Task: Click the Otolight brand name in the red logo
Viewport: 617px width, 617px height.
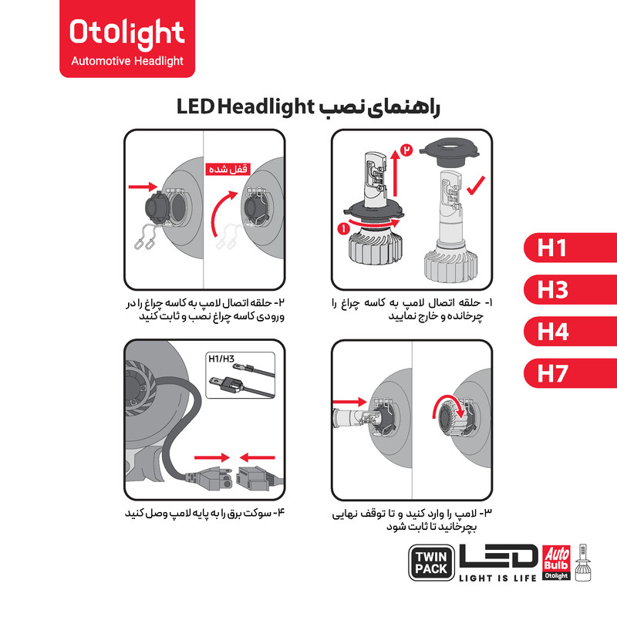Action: [x=126, y=33]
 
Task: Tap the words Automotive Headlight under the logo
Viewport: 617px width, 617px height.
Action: [x=127, y=62]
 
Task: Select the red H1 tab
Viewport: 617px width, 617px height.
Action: [x=570, y=248]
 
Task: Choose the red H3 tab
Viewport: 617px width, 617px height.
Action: [x=570, y=289]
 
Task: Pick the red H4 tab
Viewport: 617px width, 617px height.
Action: [x=570, y=332]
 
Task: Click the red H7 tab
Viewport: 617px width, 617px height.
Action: [x=570, y=373]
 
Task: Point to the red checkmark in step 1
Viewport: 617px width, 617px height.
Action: [x=475, y=186]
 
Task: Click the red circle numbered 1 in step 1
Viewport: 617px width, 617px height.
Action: [x=343, y=228]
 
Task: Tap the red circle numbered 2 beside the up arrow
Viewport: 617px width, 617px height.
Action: [x=406, y=150]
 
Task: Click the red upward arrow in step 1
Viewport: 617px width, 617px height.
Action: [x=396, y=173]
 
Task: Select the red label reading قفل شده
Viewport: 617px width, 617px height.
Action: [x=228, y=169]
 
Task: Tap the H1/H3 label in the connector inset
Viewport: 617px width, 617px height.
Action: [x=221, y=359]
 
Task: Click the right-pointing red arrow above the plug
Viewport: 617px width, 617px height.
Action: [x=212, y=457]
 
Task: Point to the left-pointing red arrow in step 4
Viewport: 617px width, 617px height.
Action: [x=257, y=457]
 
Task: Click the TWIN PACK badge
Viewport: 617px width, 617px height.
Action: [x=431, y=563]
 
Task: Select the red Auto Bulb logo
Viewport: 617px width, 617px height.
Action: [x=556, y=562]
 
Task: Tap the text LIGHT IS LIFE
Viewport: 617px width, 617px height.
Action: [x=497, y=578]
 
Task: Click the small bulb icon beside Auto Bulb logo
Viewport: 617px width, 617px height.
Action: [x=583, y=563]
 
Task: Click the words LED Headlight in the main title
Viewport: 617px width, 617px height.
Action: [x=245, y=106]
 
